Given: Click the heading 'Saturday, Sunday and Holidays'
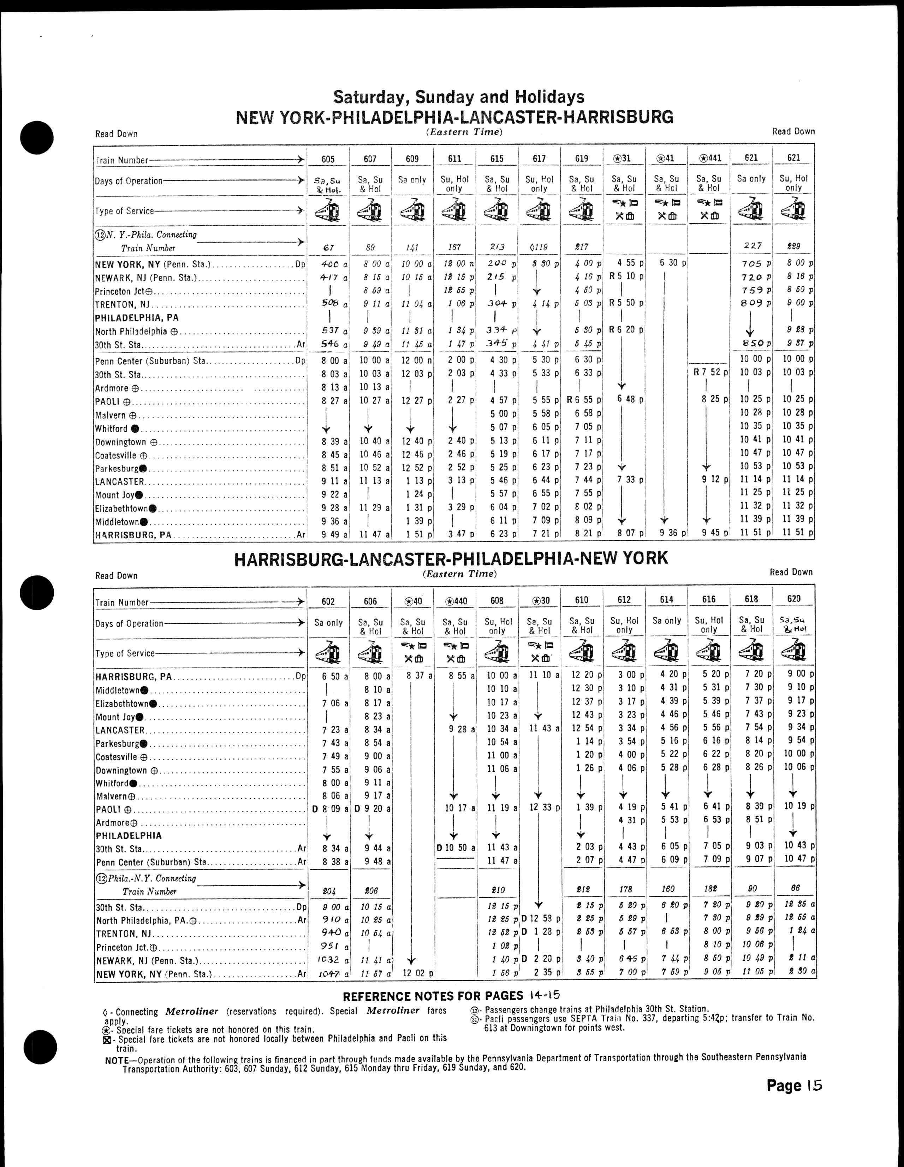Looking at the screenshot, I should coord(458,97).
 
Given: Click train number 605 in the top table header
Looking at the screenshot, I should coord(328,159).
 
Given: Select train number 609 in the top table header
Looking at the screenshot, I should coord(412,159).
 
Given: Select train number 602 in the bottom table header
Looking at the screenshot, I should coord(328,601).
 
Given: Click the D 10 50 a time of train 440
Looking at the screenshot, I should coord(454,847).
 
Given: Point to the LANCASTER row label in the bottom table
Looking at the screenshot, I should coord(120,730).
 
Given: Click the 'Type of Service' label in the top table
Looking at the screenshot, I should coord(125,211).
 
